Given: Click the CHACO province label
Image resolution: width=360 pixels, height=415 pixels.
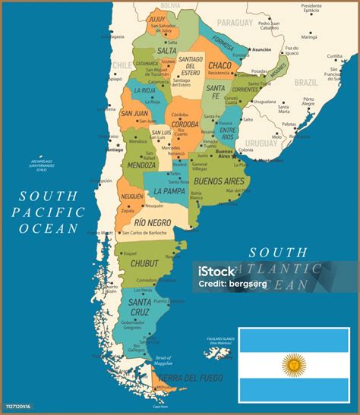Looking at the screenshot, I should [x=219, y=65].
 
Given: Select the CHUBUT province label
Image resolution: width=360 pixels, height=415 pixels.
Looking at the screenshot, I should [x=144, y=263].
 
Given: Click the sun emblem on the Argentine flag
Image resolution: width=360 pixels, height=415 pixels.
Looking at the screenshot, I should [x=294, y=366].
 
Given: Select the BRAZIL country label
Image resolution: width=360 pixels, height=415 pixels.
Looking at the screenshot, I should [x=306, y=81].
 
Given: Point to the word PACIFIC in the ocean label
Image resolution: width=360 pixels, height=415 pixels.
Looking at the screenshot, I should [x=49, y=211].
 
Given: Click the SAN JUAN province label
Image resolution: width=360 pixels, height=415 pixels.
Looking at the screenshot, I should [x=134, y=114].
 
